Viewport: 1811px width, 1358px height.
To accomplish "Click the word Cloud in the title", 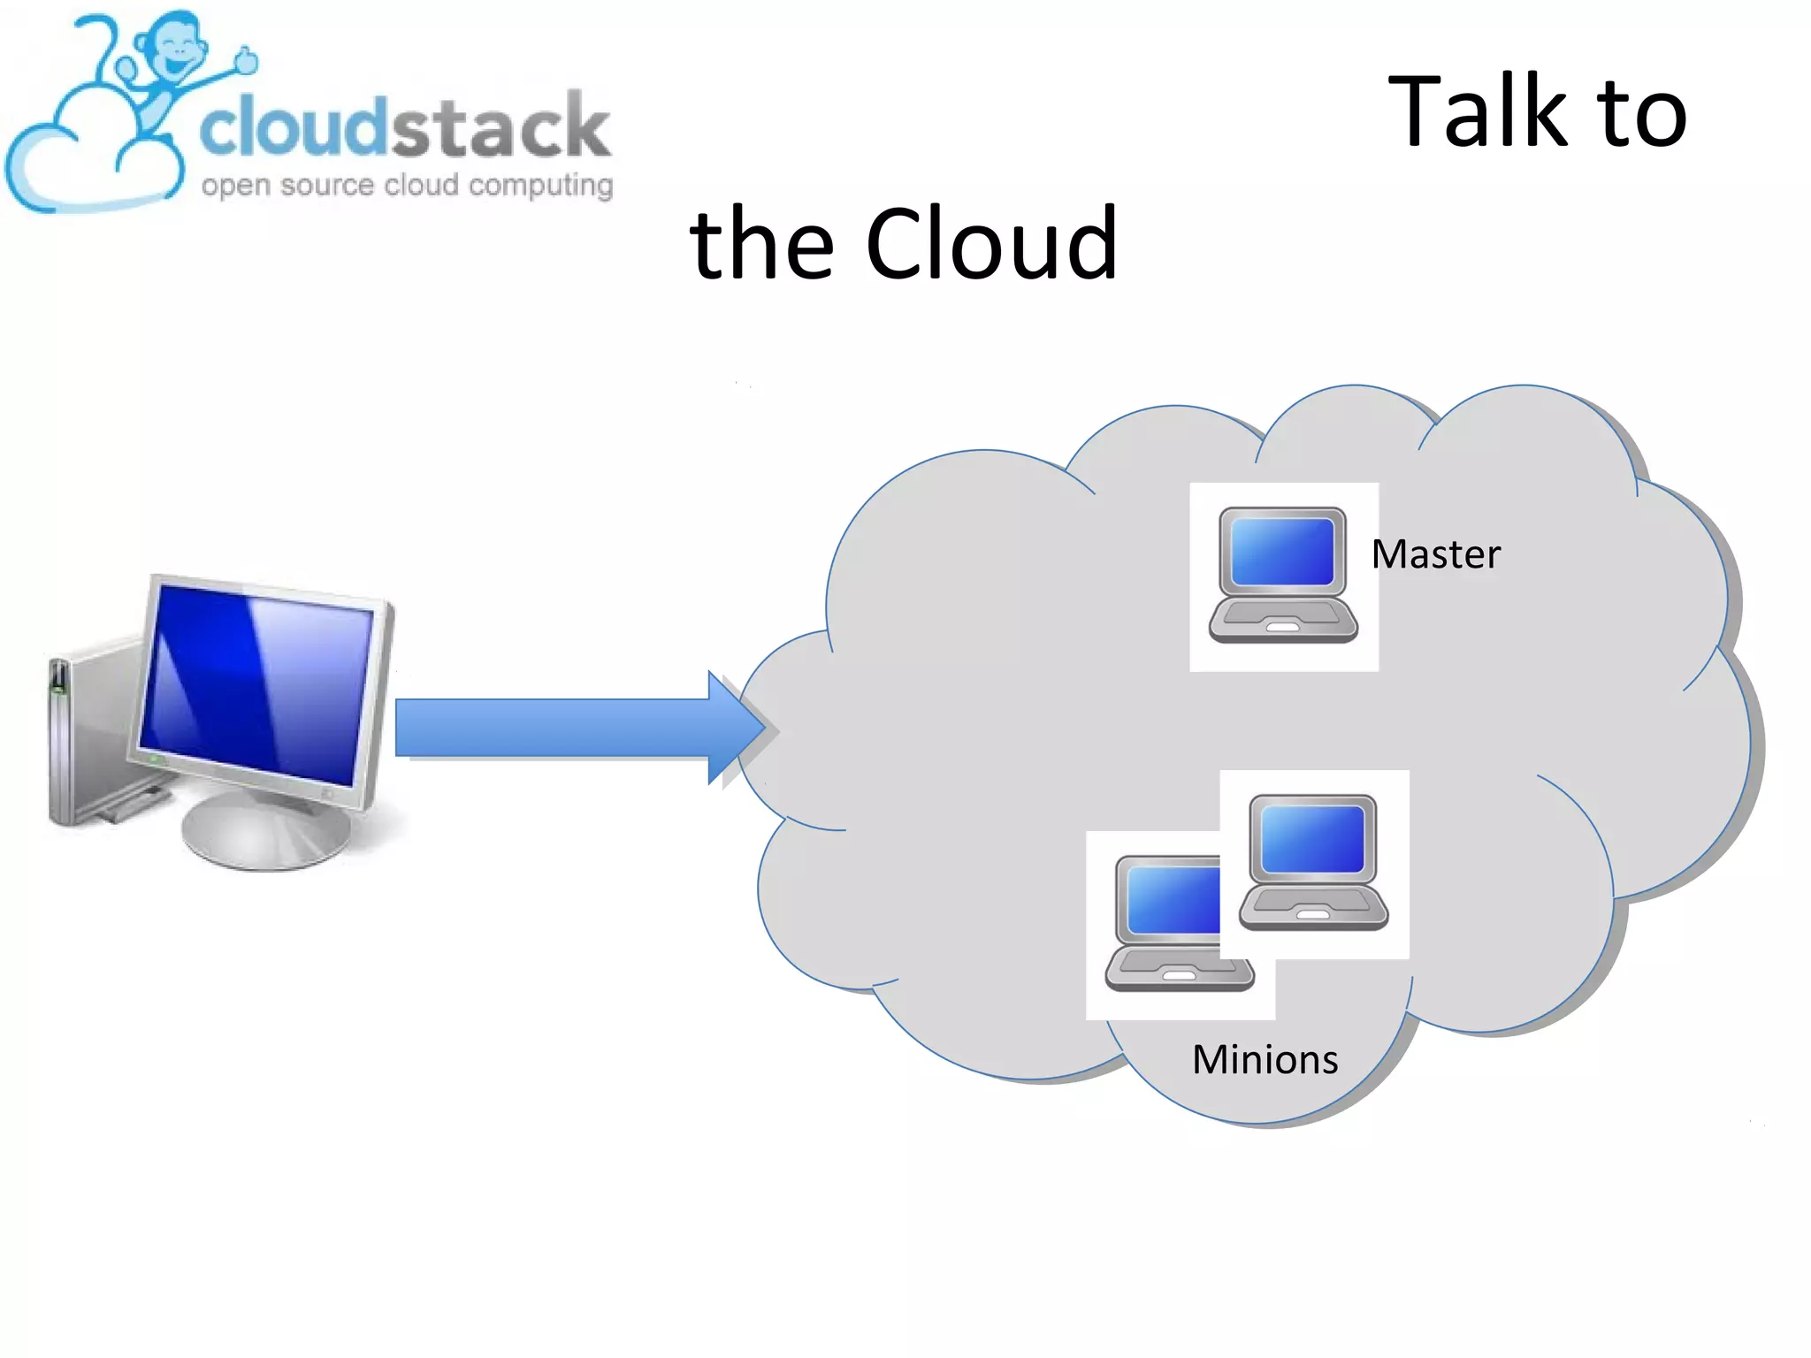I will (x=991, y=244).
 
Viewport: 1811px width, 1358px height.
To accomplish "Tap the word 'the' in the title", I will (x=761, y=244).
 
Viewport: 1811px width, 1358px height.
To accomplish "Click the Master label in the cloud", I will (x=1435, y=554).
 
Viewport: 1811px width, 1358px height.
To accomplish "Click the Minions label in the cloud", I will (x=1265, y=1059).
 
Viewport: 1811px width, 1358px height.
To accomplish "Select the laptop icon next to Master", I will (x=1283, y=575).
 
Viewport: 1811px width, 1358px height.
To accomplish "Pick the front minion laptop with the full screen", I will (x=1313, y=862).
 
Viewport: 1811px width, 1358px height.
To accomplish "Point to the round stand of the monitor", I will (x=265, y=835).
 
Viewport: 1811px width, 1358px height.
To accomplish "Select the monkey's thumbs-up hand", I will (x=246, y=60).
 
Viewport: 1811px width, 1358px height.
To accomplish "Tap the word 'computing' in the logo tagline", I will (x=540, y=186).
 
